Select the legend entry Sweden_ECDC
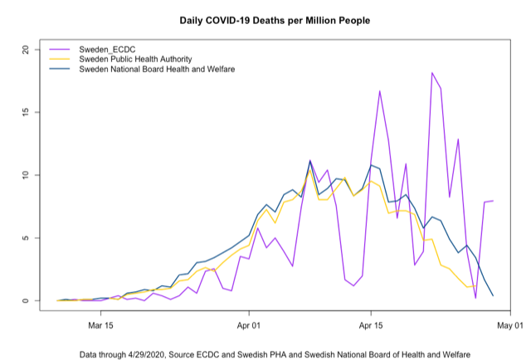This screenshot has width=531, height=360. [105, 50]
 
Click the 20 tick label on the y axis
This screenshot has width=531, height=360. [27, 49]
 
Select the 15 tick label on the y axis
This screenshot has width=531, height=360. [27, 112]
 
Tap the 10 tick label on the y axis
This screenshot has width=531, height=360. [27, 175]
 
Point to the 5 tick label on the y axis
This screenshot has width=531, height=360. [27, 238]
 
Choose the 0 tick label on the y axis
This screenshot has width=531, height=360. [27, 301]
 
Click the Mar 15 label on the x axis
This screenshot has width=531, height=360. [100, 325]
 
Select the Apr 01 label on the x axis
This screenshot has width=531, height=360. [249, 325]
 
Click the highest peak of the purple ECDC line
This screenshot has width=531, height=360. [432, 73]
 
